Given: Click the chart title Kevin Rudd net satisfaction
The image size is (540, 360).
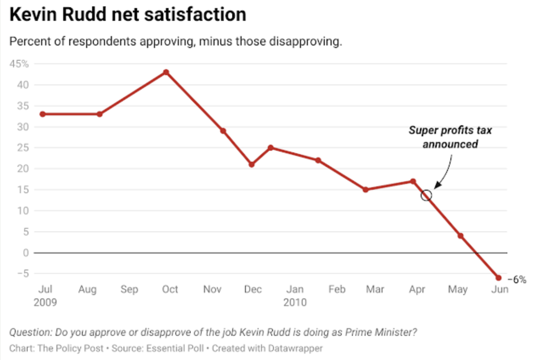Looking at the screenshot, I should click(127, 15).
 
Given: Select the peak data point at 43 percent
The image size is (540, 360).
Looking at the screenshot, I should click(166, 72).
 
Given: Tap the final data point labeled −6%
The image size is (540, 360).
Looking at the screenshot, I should click(498, 278).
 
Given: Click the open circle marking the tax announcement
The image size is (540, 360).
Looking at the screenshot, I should click(427, 195).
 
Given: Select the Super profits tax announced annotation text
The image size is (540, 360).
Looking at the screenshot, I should click(450, 137).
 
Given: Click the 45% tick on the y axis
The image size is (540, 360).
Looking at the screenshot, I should click(20, 64).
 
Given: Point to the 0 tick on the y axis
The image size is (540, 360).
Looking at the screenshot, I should click(25, 253).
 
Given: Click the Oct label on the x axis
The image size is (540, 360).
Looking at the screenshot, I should click(170, 290).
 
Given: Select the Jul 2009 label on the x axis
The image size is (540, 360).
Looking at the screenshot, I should click(45, 295).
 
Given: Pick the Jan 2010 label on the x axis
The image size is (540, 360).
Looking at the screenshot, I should click(295, 295).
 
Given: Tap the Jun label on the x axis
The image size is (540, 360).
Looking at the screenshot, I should click(500, 290).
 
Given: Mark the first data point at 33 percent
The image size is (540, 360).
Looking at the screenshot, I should click(43, 114).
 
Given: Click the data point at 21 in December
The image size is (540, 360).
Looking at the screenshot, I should click(251, 164).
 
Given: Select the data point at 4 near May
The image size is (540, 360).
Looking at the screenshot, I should click(460, 236).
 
